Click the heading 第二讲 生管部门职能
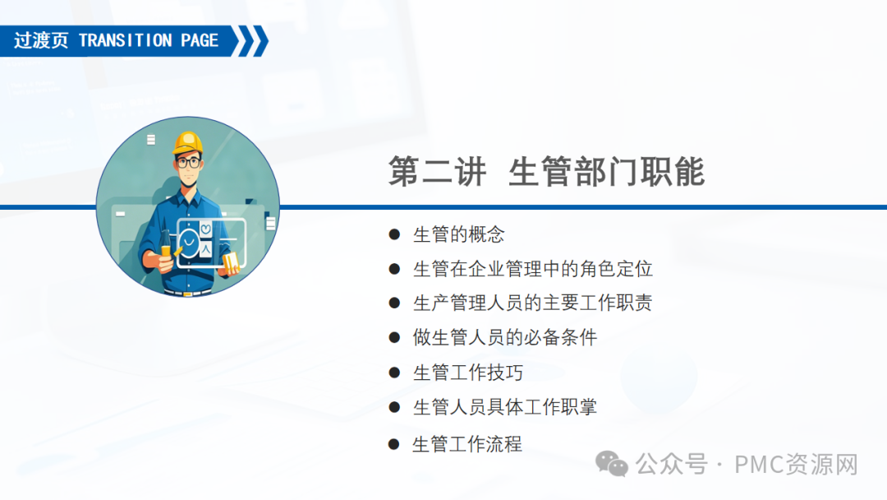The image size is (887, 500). pos(546,171)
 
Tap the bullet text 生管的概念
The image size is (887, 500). pos(459,234)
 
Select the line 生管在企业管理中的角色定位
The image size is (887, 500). pos(533,269)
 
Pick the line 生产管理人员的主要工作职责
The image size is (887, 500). pos(533,303)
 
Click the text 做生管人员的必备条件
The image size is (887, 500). pos(505,337)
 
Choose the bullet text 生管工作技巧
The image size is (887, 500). pos(468,373)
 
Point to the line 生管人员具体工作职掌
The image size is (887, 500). pos(505,407)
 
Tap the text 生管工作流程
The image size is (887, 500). pos(467,444)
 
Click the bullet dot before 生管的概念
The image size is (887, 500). pos(394,234)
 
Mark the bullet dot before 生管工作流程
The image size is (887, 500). pos(393,445)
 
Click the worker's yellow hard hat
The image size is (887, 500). pos(188,143)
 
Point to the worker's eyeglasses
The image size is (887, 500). pos(188,163)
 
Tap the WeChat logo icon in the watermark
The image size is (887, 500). pos(612,465)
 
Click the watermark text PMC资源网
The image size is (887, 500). pos(796,465)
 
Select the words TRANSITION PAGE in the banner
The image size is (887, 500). pos(149,41)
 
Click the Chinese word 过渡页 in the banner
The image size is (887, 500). pos(41,41)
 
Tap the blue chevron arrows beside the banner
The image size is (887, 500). pos(250,41)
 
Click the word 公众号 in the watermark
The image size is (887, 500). pos(671,465)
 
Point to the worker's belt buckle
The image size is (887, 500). pos(188,294)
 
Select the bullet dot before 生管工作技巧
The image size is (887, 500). pos(394,373)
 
